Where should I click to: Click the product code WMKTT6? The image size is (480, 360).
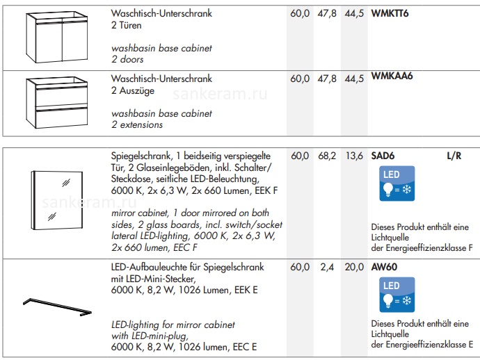tap(390, 13)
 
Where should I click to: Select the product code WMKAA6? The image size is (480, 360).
tap(392, 76)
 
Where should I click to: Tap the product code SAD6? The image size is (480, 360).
tap(383, 156)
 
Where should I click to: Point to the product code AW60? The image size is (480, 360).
tap(384, 267)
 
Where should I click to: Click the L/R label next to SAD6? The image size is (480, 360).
tap(454, 156)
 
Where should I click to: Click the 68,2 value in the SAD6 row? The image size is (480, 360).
tap(327, 156)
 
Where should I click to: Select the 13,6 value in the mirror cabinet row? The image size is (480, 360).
tap(354, 156)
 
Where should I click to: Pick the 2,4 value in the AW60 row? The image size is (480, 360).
tap(327, 268)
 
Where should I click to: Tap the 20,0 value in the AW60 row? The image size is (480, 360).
tap(354, 268)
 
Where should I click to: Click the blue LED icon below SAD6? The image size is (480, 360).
tap(397, 183)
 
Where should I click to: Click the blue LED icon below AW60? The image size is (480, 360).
tap(397, 295)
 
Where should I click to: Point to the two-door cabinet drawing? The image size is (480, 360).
tap(57, 37)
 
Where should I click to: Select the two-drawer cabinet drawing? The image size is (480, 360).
tap(57, 102)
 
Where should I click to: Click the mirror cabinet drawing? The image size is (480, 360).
tap(56, 200)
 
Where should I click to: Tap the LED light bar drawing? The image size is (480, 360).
tap(57, 306)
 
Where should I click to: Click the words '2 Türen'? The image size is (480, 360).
tap(127, 25)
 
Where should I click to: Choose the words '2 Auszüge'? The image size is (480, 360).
tap(133, 91)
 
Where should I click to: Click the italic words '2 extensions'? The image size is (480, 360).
tap(137, 125)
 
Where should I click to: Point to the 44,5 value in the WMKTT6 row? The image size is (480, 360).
tap(354, 14)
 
